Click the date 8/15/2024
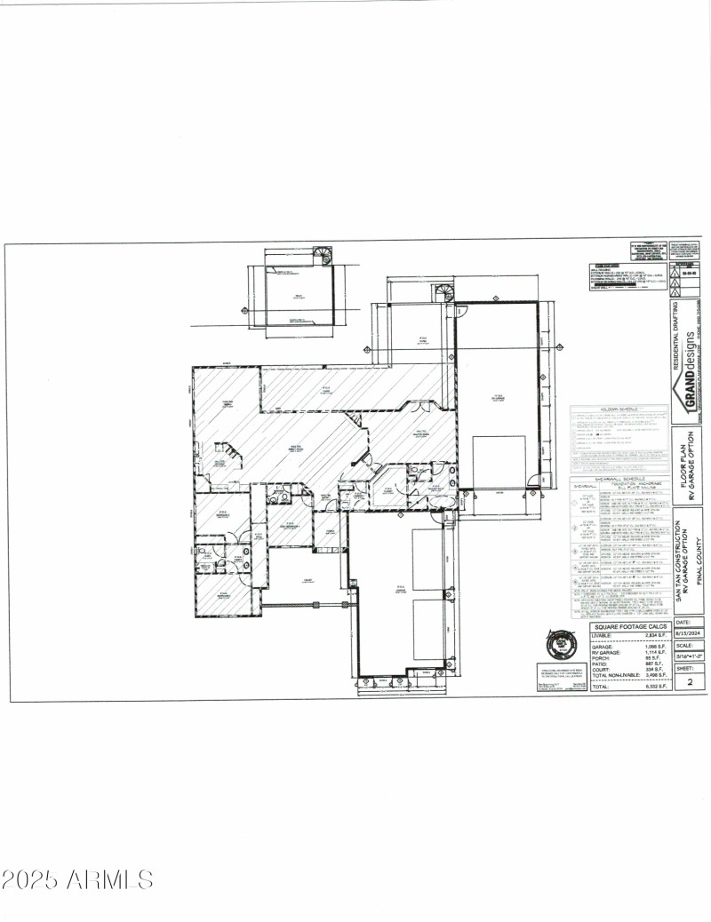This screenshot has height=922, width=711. click(690, 635)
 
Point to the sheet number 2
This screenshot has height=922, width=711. click(690, 683)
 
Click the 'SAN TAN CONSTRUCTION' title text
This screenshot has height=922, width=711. click(679, 561)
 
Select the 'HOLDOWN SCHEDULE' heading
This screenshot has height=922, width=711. click(619, 409)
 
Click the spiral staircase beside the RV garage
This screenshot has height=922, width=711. click(443, 291)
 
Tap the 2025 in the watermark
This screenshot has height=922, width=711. click(32, 880)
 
